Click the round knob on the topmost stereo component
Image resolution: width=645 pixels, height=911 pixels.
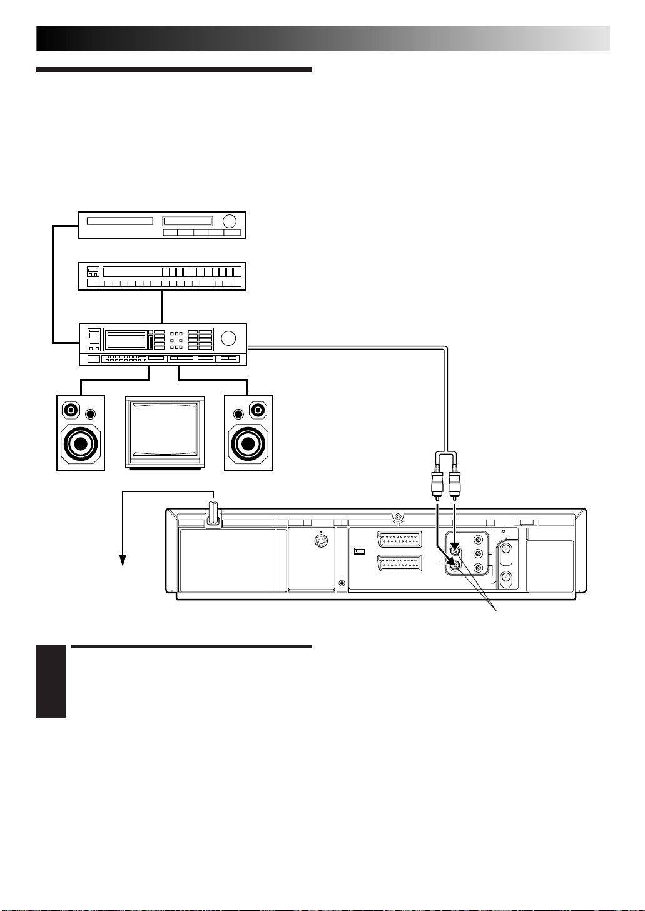tap(230, 221)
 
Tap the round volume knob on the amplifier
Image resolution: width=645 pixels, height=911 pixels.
tap(229, 338)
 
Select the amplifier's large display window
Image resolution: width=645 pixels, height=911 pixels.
tap(126, 340)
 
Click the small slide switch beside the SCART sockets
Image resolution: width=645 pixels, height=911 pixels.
tap(359, 551)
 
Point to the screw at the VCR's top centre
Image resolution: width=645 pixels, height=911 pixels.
tap(398, 517)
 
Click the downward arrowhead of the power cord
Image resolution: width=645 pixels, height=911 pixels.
tap(124, 560)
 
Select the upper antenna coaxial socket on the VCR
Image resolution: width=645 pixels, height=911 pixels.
tap(507, 551)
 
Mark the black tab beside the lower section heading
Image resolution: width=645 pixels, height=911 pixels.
tap(51, 682)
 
